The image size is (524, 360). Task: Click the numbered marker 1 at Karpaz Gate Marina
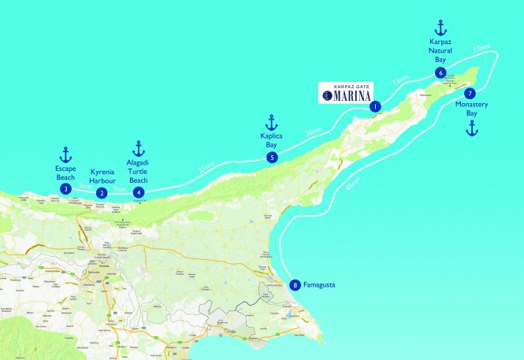click(x=375, y=106)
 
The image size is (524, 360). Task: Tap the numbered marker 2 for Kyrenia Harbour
click(x=101, y=193)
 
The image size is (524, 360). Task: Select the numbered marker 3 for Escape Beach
click(x=66, y=189)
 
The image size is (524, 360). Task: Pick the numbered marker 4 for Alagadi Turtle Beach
click(x=139, y=191)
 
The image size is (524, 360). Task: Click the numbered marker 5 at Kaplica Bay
click(x=272, y=158)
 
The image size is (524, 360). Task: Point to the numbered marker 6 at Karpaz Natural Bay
click(x=440, y=73)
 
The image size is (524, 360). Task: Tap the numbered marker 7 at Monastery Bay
click(x=470, y=94)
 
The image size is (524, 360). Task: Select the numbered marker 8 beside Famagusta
click(x=295, y=286)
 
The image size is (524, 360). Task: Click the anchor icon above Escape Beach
click(x=66, y=154)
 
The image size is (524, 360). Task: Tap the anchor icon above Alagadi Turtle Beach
click(x=139, y=148)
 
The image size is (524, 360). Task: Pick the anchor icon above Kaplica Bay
click(x=272, y=122)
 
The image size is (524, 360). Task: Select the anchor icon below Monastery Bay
click(x=471, y=128)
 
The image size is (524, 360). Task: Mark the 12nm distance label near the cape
click(x=480, y=50)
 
